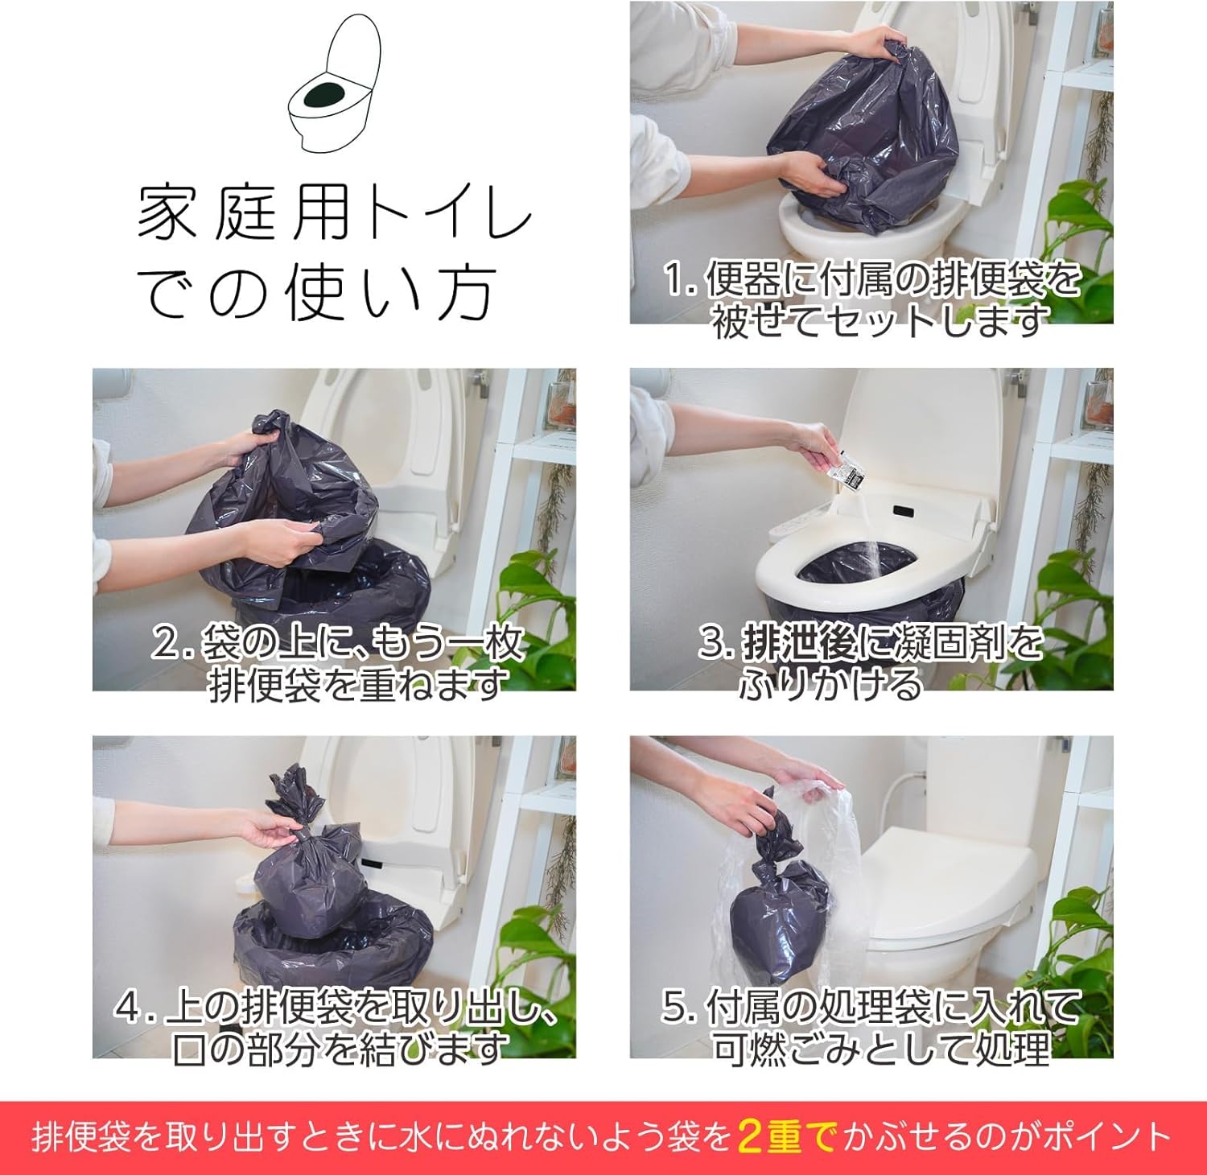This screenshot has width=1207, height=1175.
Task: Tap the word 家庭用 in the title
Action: point(244,213)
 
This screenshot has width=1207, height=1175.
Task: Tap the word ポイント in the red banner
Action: point(1105,1136)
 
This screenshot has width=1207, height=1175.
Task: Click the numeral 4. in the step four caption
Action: point(133,1007)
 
